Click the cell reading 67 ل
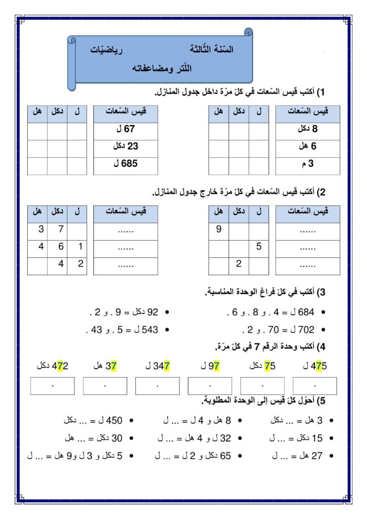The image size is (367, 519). (x=125, y=130)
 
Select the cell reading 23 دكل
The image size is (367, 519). (x=125, y=147)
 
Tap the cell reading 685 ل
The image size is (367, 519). (x=125, y=165)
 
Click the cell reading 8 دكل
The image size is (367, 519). (x=307, y=130)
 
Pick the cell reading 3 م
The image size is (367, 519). (x=307, y=165)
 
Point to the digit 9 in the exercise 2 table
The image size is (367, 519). (x=218, y=230)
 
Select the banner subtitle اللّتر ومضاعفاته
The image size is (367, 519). (x=160, y=68)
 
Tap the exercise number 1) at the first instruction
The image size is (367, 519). (x=320, y=92)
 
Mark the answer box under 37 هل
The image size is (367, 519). (x=105, y=386)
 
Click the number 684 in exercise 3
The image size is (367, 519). (x=307, y=313)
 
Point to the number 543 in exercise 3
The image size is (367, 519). (x=151, y=329)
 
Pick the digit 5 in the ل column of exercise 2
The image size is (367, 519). (x=259, y=247)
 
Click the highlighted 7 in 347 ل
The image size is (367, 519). (x=167, y=366)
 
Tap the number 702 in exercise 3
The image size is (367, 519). (x=307, y=329)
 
